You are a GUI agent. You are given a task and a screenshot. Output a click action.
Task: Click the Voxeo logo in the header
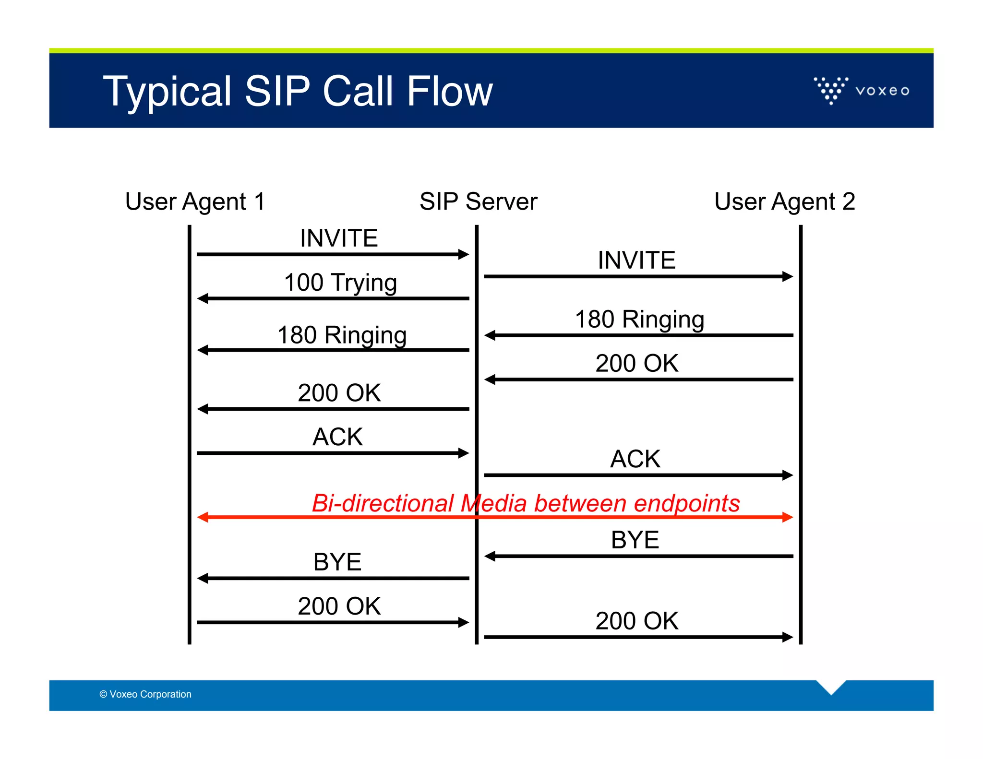861,90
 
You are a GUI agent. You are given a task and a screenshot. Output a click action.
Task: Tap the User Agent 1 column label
195,201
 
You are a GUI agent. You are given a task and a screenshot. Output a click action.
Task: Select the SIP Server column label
478,201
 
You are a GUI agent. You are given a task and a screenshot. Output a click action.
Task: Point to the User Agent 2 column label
784,201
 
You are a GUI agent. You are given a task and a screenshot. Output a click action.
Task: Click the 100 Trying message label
340,282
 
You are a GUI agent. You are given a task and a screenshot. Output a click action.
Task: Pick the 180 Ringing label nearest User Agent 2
639,319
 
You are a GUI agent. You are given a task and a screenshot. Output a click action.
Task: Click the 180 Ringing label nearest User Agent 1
342,335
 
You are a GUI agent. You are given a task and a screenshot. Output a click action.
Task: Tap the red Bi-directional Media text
526,503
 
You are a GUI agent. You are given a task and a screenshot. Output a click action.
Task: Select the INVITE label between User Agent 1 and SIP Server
339,238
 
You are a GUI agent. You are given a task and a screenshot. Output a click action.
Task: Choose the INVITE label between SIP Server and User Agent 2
636,260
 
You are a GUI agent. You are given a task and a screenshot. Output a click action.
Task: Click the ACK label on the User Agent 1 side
337,437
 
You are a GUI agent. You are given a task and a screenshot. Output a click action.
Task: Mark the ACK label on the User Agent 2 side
635,459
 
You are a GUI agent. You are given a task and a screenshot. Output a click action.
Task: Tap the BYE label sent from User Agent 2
635,540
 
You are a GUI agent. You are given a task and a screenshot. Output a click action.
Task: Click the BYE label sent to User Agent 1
337,562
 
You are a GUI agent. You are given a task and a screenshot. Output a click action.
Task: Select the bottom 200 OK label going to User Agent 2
636,621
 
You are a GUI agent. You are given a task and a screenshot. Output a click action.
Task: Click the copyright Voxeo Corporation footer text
145,694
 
